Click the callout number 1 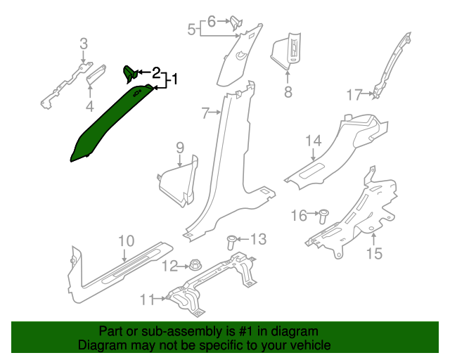[173, 79]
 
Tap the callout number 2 [156, 72]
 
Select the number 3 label [84, 44]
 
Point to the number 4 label [90, 107]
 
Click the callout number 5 [191, 30]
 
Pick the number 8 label [288, 92]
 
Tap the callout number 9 [180, 148]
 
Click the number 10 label [126, 242]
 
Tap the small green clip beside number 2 [131, 72]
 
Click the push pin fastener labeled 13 [231, 243]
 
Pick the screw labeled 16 [324, 214]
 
